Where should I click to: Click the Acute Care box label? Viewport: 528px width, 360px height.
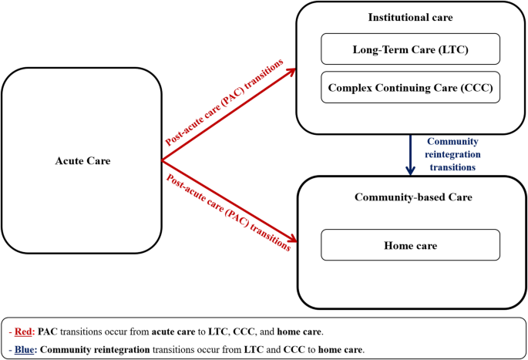82,160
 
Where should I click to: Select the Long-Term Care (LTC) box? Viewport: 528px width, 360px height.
411,49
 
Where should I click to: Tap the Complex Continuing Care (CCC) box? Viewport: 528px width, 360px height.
411,87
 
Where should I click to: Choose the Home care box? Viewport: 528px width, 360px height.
411,245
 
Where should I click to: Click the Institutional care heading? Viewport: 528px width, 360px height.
411,17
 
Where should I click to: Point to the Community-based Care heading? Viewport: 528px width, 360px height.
413,197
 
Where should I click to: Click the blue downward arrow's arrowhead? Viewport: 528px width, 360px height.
410,170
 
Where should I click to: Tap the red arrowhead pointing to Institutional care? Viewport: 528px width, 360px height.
291,72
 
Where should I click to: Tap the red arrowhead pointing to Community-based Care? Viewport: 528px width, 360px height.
292,239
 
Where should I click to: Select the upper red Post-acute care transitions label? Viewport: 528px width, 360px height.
224,103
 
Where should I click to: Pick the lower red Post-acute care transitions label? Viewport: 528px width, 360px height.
228,213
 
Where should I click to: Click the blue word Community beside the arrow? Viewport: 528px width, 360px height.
452,142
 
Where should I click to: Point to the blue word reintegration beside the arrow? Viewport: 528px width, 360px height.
452,154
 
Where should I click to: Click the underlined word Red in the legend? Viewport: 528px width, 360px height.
23,331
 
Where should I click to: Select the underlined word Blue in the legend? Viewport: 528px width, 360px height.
24,350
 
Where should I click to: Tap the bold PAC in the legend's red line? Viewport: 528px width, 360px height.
48,331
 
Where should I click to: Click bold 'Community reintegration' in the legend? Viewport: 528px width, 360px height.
95,350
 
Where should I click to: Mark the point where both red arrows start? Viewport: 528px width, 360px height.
162,160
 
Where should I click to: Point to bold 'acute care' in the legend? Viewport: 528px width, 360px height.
173,332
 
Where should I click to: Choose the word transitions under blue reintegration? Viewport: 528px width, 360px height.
452,167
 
